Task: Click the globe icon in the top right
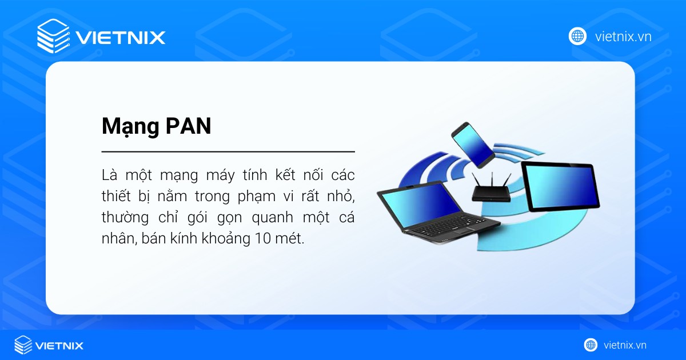tap(577, 36)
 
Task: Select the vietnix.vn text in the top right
tap(623, 37)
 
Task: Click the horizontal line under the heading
tap(228, 152)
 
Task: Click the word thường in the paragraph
tap(123, 218)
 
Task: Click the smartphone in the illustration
tap(472, 142)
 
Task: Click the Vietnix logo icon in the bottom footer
tap(23, 345)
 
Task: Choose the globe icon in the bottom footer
tap(591, 345)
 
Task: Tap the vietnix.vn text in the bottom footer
tap(625, 345)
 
